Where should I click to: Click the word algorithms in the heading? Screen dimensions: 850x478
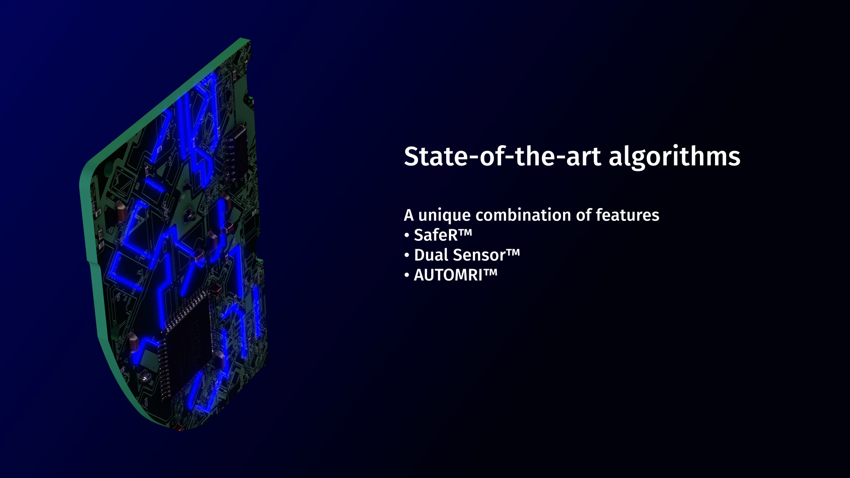pos(674,157)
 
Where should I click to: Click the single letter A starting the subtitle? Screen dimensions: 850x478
pos(409,216)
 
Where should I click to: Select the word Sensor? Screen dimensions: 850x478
pos(479,255)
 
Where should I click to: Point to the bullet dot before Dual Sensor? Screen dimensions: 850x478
pos(407,256)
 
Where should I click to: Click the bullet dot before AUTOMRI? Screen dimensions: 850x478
pos(407,276)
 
